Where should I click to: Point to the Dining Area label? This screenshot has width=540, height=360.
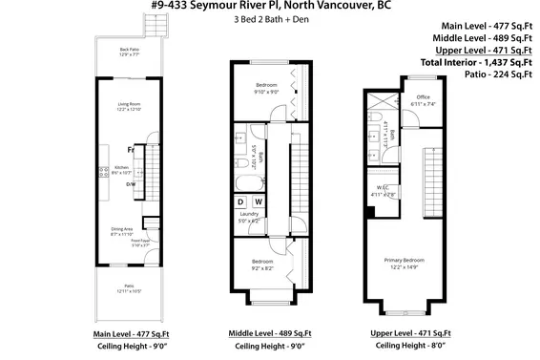click(x=121, y=231)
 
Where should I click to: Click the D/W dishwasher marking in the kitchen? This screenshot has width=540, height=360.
click(x=132, y=184)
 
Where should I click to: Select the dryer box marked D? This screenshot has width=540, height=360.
click(x=241, y=202)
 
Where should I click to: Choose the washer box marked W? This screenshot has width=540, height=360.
click(x=259, y=202)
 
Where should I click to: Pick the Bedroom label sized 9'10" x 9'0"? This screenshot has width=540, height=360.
click(x=266, y=89)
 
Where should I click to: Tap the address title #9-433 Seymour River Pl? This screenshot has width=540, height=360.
click(x=270, y=7)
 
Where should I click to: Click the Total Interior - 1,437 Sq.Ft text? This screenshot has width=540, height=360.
click(x=473, y=62)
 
